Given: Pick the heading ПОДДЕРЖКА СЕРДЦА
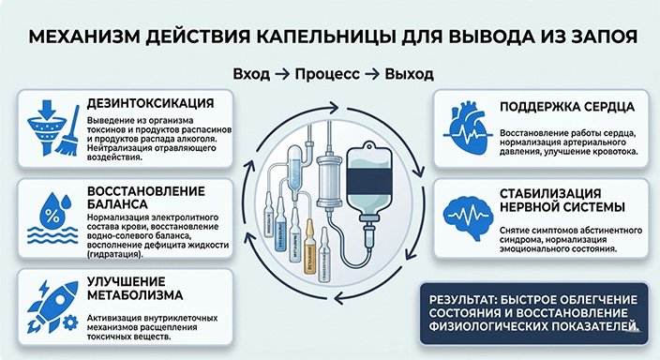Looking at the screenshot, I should click(562, 106).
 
